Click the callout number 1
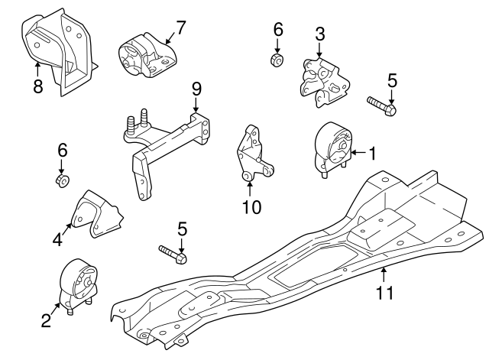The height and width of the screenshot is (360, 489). [372, 154]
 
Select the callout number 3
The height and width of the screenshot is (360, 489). [319, 33]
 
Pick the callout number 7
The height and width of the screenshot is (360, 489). [180, 28]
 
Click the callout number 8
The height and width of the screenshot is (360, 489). [37, 86]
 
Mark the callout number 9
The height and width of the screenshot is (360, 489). [196, 88]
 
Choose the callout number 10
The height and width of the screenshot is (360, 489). [251, 206]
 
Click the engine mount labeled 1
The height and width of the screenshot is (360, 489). [333, 148]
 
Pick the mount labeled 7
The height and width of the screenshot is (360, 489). [144, 56]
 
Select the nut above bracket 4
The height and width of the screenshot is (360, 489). [62, 180]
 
